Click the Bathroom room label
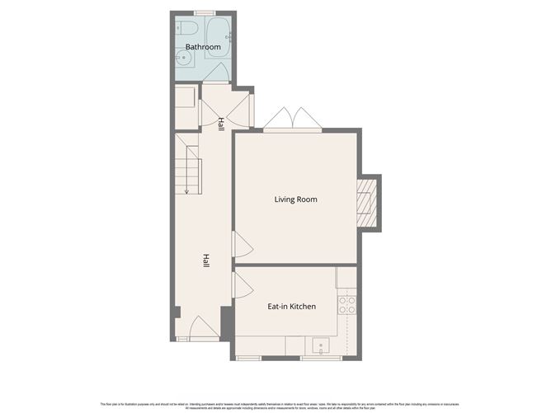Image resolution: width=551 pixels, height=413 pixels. tap(202, 48)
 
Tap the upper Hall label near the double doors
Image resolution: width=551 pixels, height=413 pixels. tap(221, 124)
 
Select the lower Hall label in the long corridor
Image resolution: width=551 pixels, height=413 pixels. tap(206, 260)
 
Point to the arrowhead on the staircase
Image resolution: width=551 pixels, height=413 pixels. tap(187, 192)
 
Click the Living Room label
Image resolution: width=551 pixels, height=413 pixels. tap(295, 199)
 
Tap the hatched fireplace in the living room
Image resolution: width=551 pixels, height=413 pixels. tap(368, 203)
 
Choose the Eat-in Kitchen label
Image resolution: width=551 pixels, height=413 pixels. tap(291, 307)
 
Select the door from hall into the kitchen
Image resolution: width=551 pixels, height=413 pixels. tap(242, 286)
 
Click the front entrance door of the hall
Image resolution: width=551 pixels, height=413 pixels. tap(203, 331)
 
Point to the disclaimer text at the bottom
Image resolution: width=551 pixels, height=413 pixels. tap(275, 406)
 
